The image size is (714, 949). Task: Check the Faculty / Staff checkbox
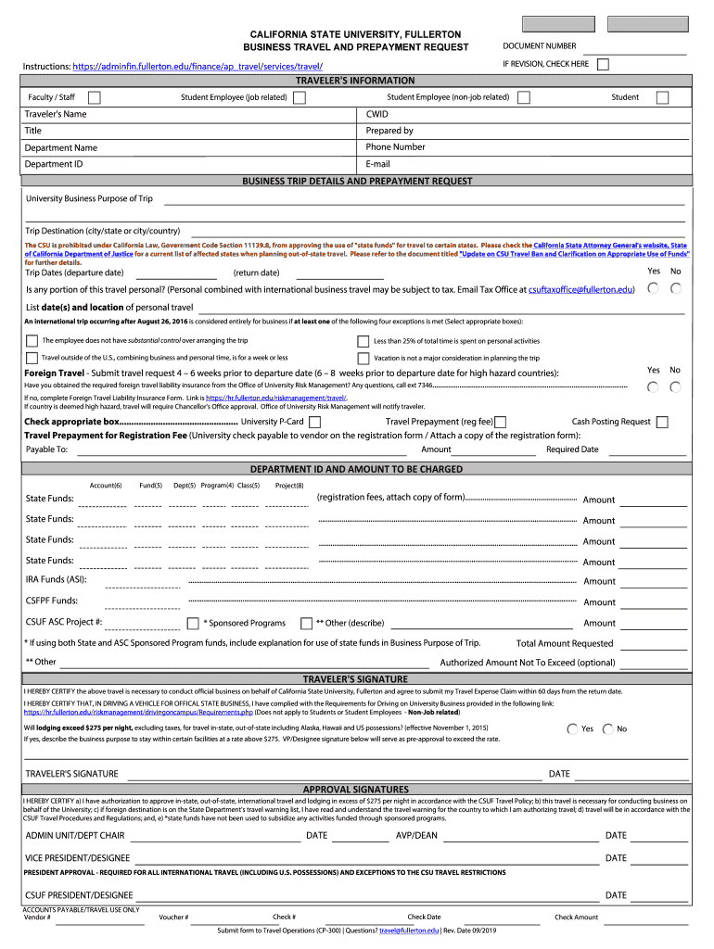(x=95, y=97)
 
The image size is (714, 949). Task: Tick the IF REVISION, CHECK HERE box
(x=604, y=64)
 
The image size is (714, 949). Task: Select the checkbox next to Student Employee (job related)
(x=299, y=97)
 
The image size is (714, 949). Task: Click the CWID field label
(x=377, y=114)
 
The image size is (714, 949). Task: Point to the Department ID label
(x=54, y=164)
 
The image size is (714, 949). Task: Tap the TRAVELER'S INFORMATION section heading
(x=356, y=81)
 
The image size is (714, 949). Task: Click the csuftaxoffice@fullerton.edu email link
(x=581, y=290)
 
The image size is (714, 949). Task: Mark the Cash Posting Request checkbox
(x=662, y=422)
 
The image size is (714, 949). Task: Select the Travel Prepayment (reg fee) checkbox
(x=501, y=422)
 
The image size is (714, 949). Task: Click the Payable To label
(x=46, y=449)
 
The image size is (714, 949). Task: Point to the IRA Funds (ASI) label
(x=56, y=580)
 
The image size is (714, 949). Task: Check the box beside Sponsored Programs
(x=193, y=623)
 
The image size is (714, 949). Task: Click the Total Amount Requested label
(x=565, y=643)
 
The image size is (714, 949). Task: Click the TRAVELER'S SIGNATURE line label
(x=71, y=774)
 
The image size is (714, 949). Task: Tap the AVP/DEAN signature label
(x=416, y=836)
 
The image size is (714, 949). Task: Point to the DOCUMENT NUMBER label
(x=539, y=46)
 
